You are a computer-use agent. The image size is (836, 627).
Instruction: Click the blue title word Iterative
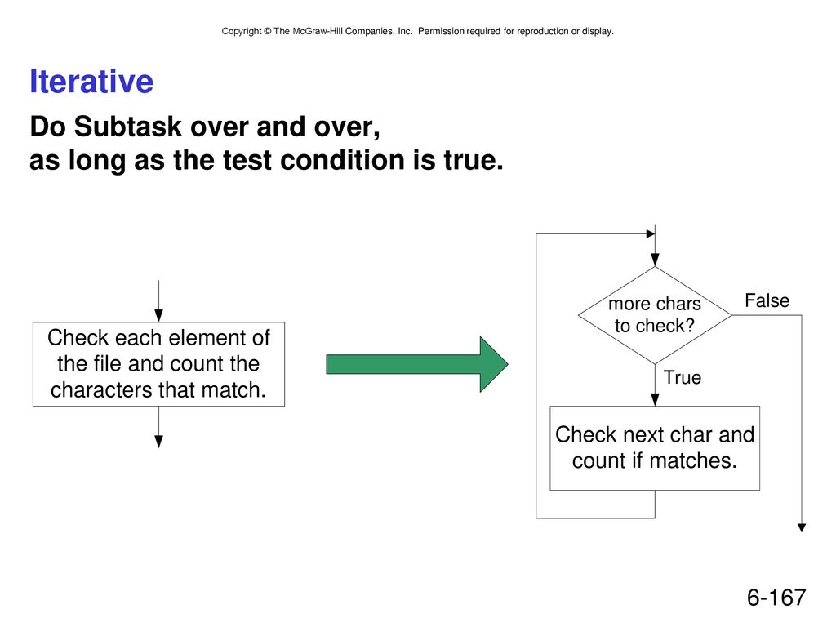(x=91, y=81)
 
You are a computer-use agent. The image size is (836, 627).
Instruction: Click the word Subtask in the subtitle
(x=128, y=127)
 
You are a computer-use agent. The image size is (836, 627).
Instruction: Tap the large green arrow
(x=417, y=364)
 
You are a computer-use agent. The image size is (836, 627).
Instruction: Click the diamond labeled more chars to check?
(x=655, y=315)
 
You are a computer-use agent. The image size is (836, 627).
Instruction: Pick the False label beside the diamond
(x=767, y=300)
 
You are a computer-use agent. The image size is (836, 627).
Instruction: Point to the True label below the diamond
(x=683, y=377)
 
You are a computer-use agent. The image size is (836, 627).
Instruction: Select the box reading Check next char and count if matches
(x=655, y=448)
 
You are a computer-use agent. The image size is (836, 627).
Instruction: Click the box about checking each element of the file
(x=158, y=364)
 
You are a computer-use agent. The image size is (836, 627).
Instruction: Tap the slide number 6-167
(x=776, y=597)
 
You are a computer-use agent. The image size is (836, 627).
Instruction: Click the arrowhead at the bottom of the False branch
(x=802, y=528)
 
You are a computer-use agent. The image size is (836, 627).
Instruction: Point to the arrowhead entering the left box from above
(x=158, y=316)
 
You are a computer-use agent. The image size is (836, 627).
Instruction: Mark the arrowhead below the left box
(x=158, y=442)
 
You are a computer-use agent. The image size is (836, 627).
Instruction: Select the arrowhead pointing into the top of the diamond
(x=655, y=260)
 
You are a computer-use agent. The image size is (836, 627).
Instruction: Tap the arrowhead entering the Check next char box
(x=655, y=400)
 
